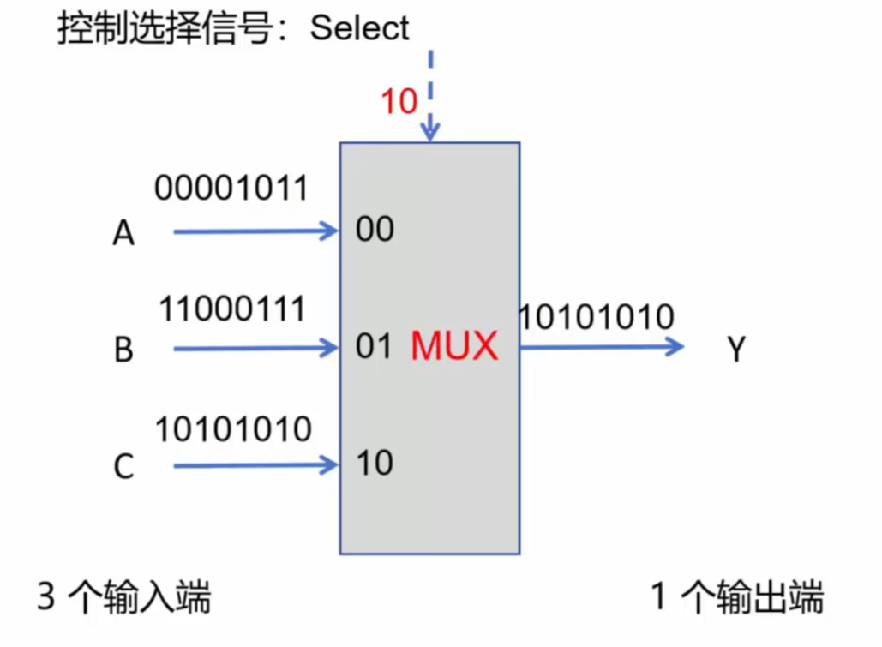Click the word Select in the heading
pos(360,28)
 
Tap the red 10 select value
pos(399,102)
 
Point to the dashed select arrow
pos(430,94)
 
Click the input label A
pos(123,233)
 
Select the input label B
pos(123,350)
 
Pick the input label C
pos(123,468)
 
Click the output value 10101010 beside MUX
pos(597,318)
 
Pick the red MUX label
pos(454,347)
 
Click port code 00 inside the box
pos(375,230)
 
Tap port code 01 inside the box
pos(374,347)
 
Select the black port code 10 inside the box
pos(375,464)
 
